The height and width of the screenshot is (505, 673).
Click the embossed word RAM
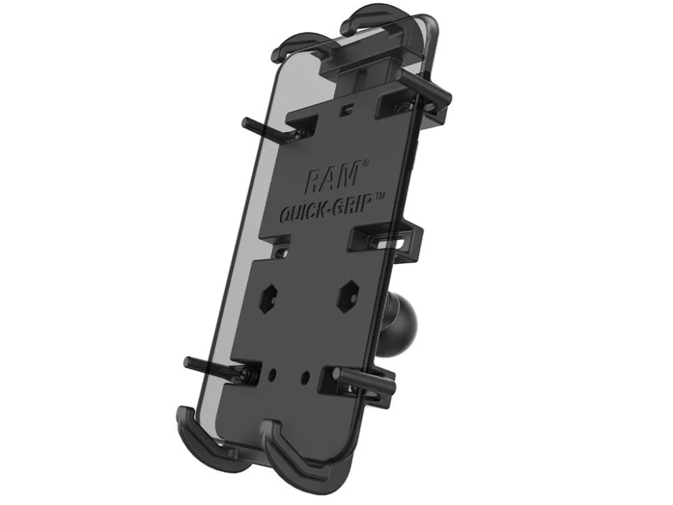332,176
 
